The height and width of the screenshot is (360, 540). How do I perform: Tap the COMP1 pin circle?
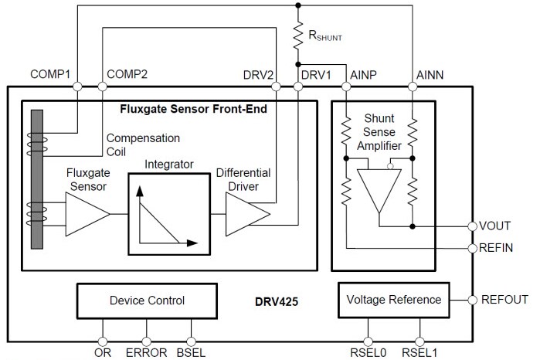click(x=77, y=87)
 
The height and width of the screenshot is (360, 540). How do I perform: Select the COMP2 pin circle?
click(x=103, y=87)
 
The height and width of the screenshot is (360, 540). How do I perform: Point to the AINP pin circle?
click(x=348, y=87)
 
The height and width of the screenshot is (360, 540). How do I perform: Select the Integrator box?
click(x=168, y=212)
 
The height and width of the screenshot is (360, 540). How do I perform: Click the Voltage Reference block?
click(x=394, y=300)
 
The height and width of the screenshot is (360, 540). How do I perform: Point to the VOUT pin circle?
click(x=471, y=226)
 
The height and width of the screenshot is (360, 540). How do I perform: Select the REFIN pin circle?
click(x=471, y=248)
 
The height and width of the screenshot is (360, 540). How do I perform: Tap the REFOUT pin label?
click(x=504, y=300)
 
